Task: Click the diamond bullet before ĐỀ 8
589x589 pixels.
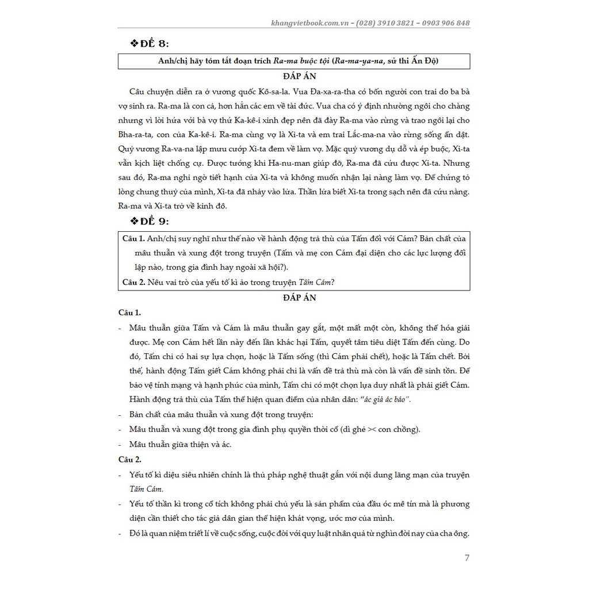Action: point(136,44)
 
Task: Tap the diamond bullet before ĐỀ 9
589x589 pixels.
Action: point(136,221)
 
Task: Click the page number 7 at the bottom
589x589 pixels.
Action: point(466,557)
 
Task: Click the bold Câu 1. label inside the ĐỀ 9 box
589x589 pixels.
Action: point(133,238)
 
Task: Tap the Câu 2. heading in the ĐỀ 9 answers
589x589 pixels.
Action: point(129,459)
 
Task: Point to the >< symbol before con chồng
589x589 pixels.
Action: point(378,430)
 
